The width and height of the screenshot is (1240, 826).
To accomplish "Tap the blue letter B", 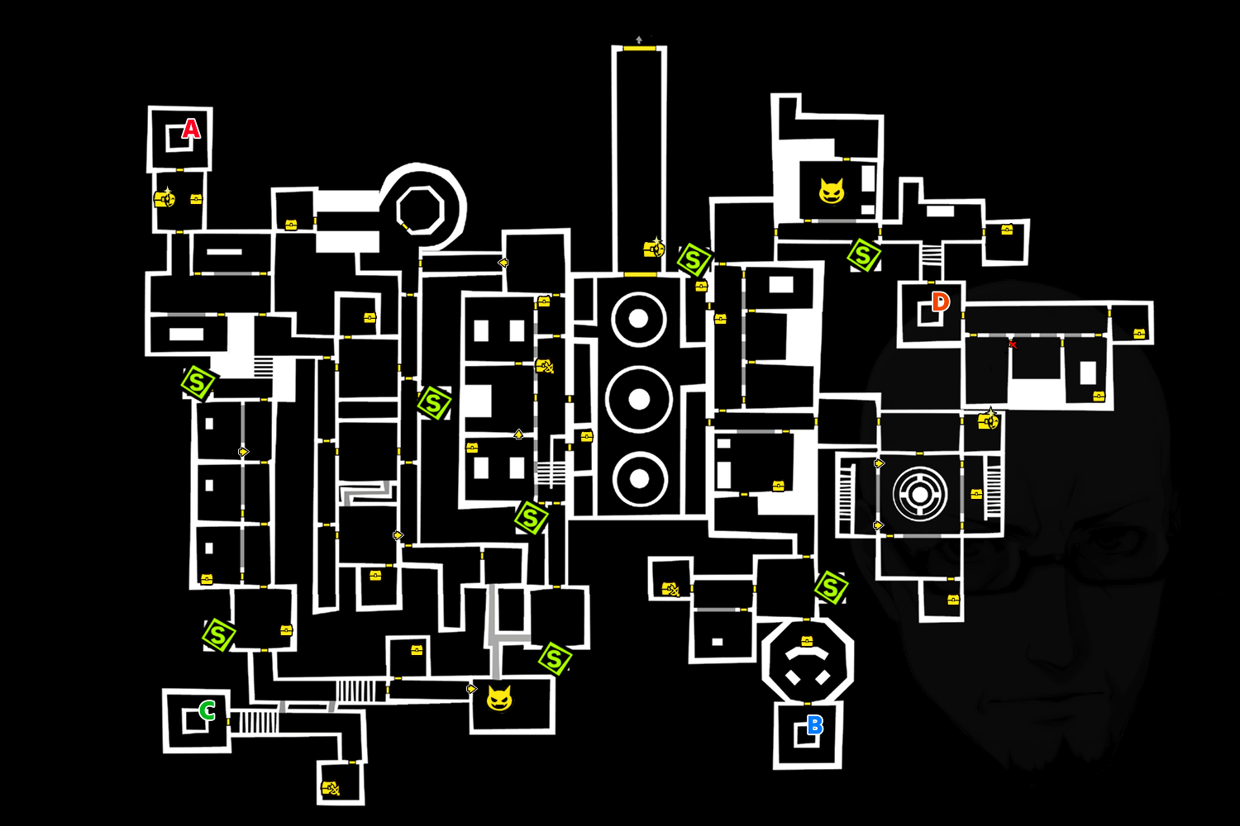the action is [x=815, y=724].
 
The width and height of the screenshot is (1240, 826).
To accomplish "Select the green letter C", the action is [x=207, y=710].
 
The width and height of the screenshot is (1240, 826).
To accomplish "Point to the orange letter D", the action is [x=941, y=301].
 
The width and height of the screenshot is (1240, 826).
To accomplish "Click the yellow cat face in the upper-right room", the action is [x=832, y=191].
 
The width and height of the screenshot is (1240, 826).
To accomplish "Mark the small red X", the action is [x=1013, y=344].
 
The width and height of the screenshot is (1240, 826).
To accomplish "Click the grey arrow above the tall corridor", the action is [x=639, y=40].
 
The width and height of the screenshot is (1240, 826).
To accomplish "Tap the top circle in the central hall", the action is [x=639, y=319].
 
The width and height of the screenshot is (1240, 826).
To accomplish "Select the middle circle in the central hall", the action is [x=639, y=400].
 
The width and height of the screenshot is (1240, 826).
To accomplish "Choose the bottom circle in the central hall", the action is [x=639, y=479].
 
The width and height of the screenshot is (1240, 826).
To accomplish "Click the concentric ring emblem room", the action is [x=919, y=494].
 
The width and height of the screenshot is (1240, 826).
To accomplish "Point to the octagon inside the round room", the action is [x=421, y=211].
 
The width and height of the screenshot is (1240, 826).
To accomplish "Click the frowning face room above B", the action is [x=807, y=661].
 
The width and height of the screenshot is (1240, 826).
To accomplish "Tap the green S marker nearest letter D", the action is [x=864, y=255].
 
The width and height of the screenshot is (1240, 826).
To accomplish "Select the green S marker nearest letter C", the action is [x=219, y=635].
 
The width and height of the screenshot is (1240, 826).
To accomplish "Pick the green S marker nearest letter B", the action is [x=831, y=587].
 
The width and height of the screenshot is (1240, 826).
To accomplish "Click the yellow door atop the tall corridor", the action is [x=639, y=49].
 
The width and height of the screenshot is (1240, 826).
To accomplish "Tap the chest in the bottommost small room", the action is [x=331, y=787].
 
